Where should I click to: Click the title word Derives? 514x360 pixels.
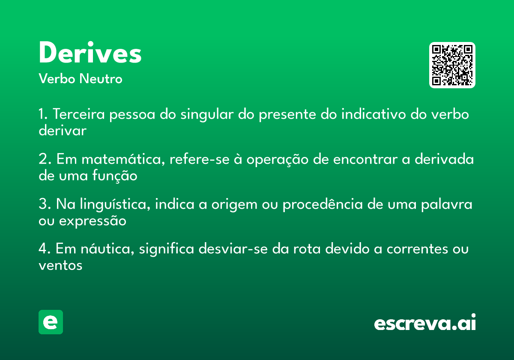90,52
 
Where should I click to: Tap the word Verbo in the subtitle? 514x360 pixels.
57,78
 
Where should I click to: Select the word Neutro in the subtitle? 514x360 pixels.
101,78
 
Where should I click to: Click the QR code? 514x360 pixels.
452,65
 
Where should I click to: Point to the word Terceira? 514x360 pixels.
79,114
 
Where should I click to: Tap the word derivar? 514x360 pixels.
63,130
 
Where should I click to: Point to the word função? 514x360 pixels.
115,176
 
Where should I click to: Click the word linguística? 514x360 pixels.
115,204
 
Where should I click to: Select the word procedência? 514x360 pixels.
323,204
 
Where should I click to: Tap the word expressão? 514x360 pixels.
93,221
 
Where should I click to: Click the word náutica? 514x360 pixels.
108,249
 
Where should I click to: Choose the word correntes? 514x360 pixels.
417,249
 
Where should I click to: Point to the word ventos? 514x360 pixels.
60,266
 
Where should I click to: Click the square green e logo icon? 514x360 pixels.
51,322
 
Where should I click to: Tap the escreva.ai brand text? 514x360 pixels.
425,322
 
